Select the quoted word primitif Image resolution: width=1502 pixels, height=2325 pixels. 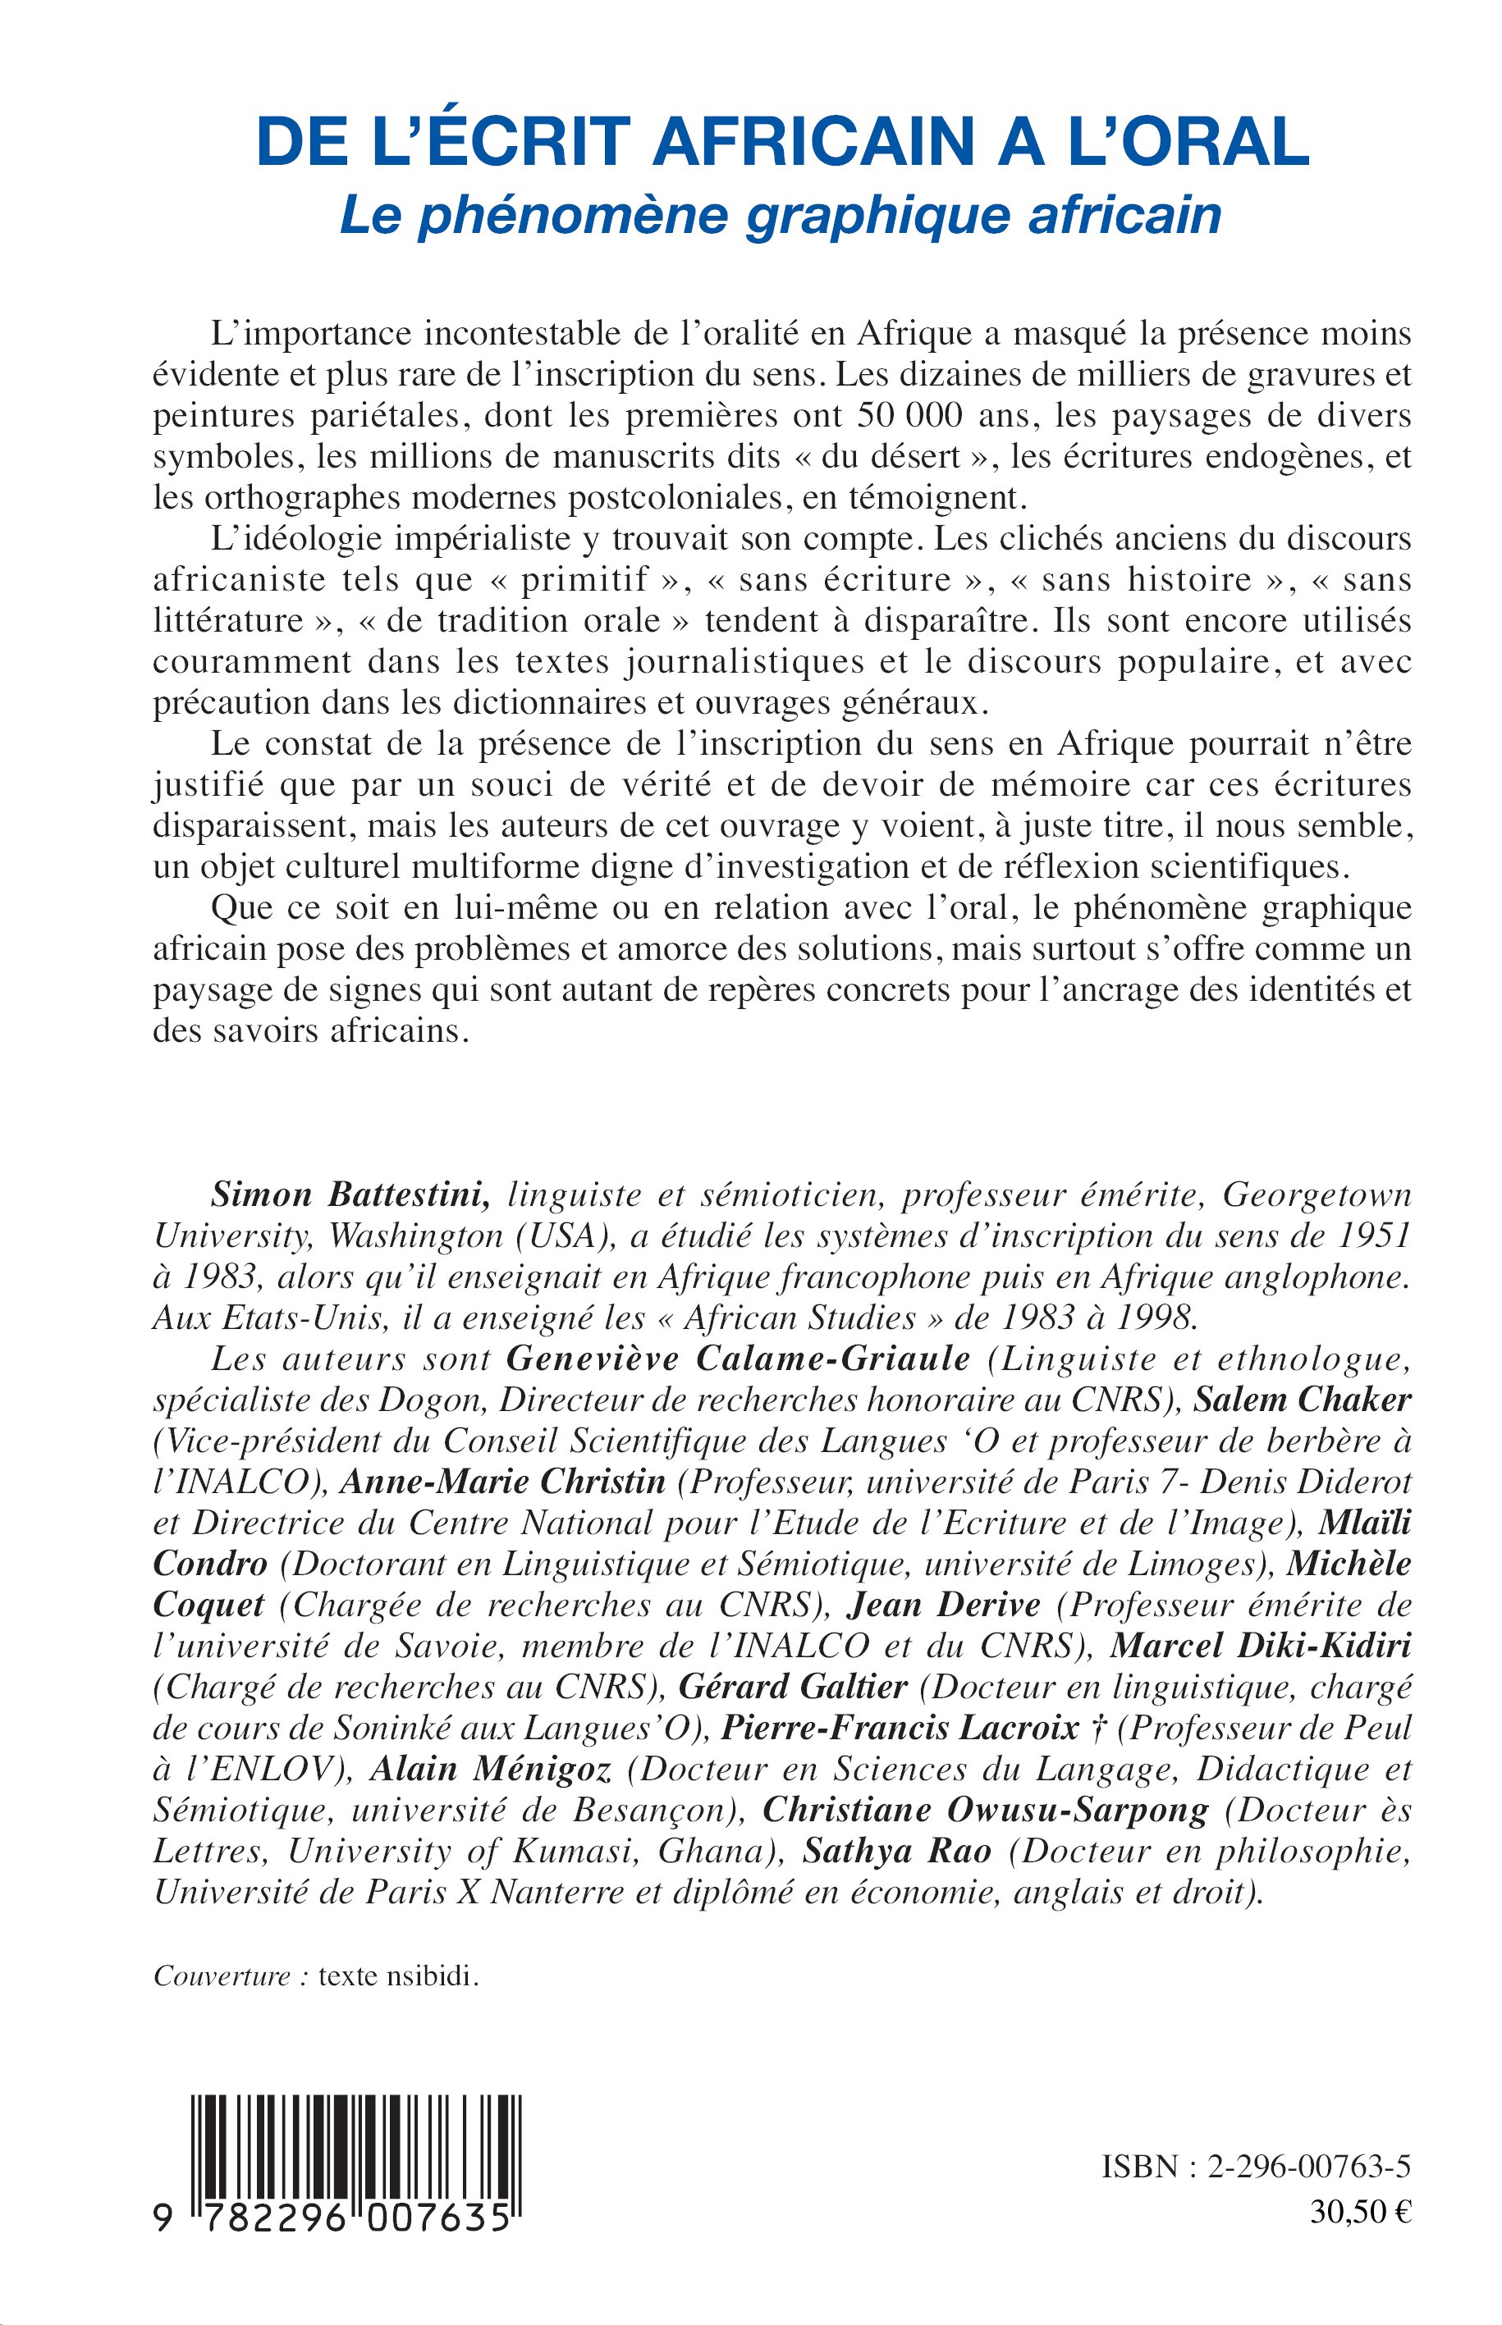pos(584,580)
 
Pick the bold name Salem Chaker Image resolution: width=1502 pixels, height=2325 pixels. pos(1303,1401)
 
